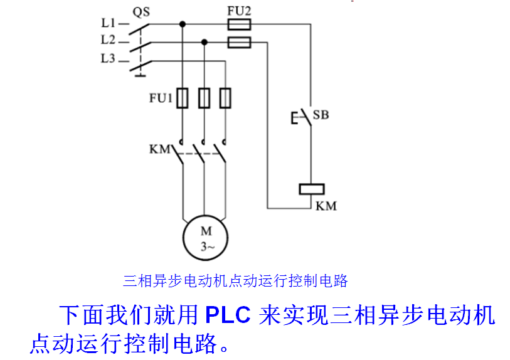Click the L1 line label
tap(107, 24)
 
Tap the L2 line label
tap(107, 41)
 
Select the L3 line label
tap(107, 59)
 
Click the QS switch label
tap(141, 11)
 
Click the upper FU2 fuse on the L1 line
tap(238, 24)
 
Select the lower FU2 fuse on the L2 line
tap(238, 42)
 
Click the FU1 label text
tap(161, 98)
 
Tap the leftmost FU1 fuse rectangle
tap(183, 98)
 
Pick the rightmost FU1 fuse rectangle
tap(225, 98)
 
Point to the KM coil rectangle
tap(311, 188)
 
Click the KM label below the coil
tap(326, 205)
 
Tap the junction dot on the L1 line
tap(183, 24)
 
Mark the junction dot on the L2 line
tap(204, 42)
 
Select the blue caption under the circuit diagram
tap(235, 280)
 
